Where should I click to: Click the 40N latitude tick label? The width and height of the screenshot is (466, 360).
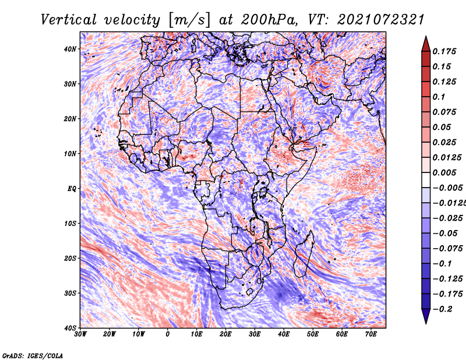(x=70, y=49)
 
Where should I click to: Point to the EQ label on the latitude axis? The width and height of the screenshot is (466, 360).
(x=72, y=189)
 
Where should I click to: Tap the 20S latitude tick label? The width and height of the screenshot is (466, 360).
(x=70, y=258)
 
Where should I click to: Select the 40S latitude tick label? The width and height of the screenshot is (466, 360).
(x=70, y=328)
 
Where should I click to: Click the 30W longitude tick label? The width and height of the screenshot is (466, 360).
(x=80, y=334)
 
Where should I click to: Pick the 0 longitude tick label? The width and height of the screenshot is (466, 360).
(x=168, y=334)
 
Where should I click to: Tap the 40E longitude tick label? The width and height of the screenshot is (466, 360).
(x=284, y=334)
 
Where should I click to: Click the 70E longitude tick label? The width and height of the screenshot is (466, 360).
(x=371, y=334)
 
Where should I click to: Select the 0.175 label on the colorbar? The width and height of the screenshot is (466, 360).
(x=444, y=51)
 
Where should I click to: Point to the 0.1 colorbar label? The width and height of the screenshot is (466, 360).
(x=439, y=97)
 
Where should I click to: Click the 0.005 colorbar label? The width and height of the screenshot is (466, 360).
(x=444, y=172)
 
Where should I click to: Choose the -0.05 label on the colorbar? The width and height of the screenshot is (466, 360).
(x=445, y=234)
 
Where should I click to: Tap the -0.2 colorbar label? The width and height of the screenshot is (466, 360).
(x=442, y=309)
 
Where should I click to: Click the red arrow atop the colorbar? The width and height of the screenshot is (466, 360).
(x=426, y=44)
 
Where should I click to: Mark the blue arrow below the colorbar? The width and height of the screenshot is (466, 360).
(x=426, y=316)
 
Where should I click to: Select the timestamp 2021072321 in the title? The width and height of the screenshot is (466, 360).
(x=381, y=20)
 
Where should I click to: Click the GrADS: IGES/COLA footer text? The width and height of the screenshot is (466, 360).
(x=33, y=356)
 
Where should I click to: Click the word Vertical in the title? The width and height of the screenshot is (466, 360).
(x=69, y=20)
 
